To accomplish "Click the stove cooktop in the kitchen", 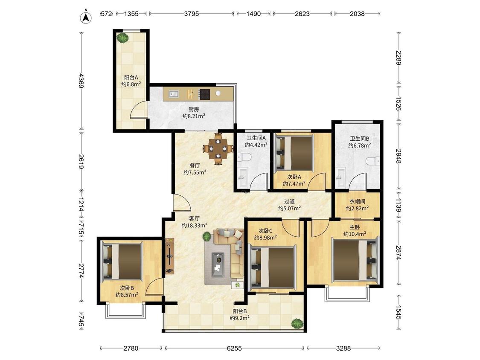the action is tap(204, 94).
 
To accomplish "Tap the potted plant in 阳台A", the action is tap(123, 38).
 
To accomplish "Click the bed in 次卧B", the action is tap(122, 261).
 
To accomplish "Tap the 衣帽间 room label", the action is tap(357, 201).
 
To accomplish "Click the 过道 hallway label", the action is tap(289, 201).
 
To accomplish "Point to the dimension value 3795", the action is tap(191, 14).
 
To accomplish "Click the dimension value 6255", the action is tap(234, 348).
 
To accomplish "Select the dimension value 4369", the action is tap(81, 81).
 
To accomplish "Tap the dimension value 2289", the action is tap(398, 58).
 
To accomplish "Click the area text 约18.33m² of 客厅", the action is tap(195, 225).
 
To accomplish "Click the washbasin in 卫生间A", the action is tap(243, 177).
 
